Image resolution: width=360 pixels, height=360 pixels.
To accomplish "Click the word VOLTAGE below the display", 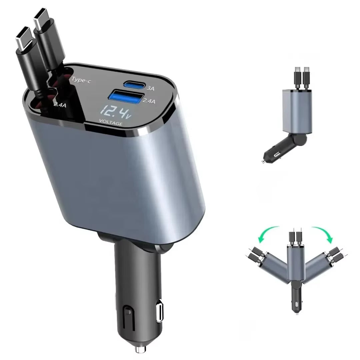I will point(111,124).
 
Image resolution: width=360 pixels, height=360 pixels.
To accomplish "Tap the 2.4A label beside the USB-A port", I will point(149,101).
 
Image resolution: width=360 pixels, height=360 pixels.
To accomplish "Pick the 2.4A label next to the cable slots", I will point(60,104).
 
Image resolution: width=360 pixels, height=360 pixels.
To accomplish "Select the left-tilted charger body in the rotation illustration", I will point(275,268).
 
